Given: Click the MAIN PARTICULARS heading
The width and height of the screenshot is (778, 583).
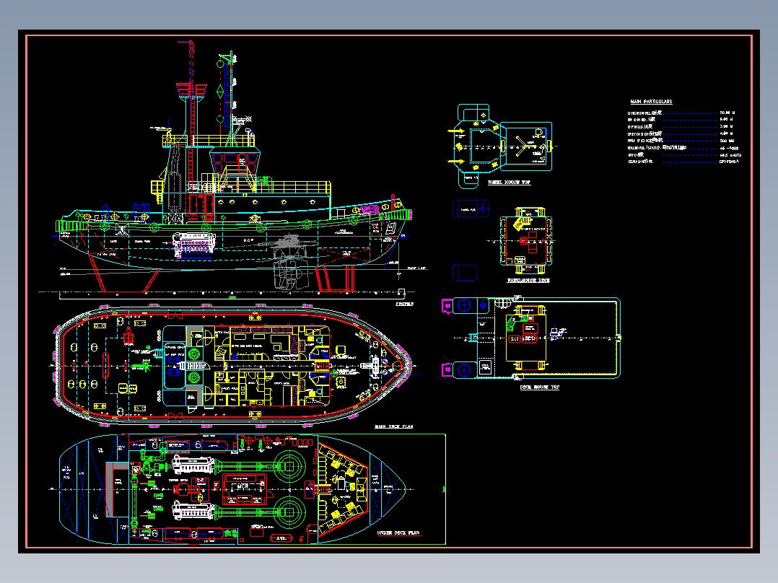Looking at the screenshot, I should [652, 102].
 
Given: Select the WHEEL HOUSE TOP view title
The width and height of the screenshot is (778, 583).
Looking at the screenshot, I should [509, 183].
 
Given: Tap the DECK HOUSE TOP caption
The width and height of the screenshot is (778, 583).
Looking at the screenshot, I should [539, 387].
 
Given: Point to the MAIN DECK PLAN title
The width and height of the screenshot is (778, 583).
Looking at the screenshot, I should [393, 426].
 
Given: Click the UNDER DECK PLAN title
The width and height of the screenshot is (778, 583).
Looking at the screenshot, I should [399, 533].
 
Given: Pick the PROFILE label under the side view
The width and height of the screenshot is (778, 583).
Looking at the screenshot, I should [405, 304].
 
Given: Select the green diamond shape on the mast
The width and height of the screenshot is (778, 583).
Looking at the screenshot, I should [220, 91].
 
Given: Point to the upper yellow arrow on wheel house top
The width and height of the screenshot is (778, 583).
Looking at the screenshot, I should [456, 131].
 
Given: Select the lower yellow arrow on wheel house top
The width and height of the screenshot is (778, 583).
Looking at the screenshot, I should [456, 160].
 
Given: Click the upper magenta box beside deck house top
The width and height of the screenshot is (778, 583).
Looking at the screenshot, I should [447, 305].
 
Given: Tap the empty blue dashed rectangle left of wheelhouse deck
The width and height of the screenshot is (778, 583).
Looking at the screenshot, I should [466, 273].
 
